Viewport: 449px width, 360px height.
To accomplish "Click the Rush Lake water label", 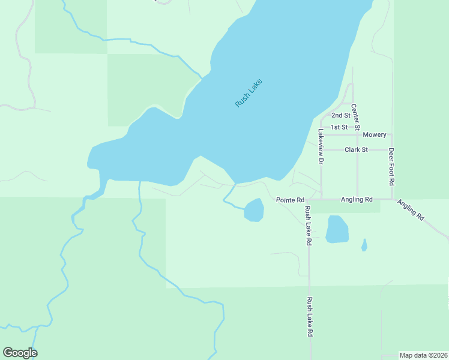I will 249,94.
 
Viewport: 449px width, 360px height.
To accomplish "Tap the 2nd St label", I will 340,115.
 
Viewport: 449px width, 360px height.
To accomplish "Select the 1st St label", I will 339,127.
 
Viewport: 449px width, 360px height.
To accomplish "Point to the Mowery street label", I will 375,134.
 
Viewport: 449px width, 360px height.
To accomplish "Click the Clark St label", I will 356,149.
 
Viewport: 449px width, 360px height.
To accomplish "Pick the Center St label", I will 355,117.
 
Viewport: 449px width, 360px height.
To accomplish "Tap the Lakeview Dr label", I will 321,146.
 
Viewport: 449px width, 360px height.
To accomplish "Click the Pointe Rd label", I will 291,199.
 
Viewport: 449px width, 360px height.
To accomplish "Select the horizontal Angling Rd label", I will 357,199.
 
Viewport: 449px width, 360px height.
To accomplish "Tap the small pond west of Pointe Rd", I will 254,210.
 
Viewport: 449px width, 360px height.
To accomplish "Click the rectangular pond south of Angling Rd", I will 337,229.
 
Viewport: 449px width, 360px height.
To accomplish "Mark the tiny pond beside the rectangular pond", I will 364,245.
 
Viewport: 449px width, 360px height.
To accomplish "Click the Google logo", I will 20,353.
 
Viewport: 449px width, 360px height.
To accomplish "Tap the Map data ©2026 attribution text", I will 423,355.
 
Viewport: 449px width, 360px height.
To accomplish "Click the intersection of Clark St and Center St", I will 358,149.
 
